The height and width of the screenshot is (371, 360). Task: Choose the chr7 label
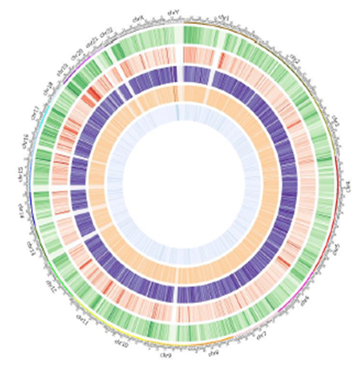click(x=261, y=336)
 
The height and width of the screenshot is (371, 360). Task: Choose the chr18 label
click(x=47, y=86)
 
